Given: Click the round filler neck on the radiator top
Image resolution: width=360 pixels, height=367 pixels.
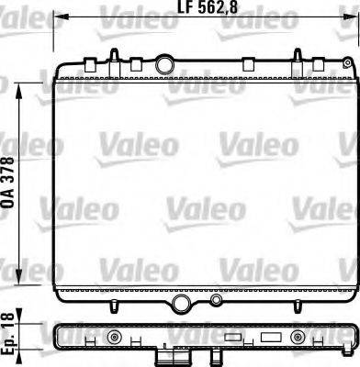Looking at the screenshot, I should [x=165, y=65].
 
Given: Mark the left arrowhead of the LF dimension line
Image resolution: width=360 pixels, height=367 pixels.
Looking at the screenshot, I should [x=56, y=16].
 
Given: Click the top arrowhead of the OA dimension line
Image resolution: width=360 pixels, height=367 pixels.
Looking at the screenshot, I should [x=22, y=84].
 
